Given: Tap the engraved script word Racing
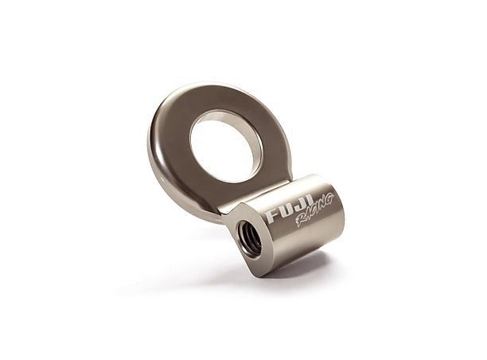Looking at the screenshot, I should pos(313,210).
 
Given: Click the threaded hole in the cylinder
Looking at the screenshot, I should pos(250,237).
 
